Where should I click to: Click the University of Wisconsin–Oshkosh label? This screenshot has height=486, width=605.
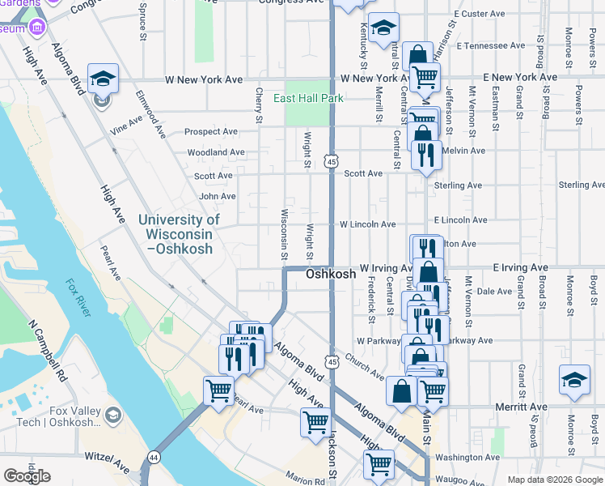pos(178,233)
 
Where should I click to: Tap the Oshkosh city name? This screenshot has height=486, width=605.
pos(331,275)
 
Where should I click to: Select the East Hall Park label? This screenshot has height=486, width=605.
pos(308,99)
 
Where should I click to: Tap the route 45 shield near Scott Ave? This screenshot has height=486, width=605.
pos(332,163)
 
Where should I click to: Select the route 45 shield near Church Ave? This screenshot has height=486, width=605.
pos(332,359)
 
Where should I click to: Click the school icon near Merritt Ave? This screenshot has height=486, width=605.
pos(574,379)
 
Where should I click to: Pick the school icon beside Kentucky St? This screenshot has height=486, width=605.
pos(383,28)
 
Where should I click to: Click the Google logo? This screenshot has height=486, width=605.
pos(27,476)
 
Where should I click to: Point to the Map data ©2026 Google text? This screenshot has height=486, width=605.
pos(554,480)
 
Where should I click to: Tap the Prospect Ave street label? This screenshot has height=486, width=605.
pos(211,131)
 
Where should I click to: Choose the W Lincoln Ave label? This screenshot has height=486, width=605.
pos(367,224)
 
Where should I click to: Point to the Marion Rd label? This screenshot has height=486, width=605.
pos(304,476)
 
